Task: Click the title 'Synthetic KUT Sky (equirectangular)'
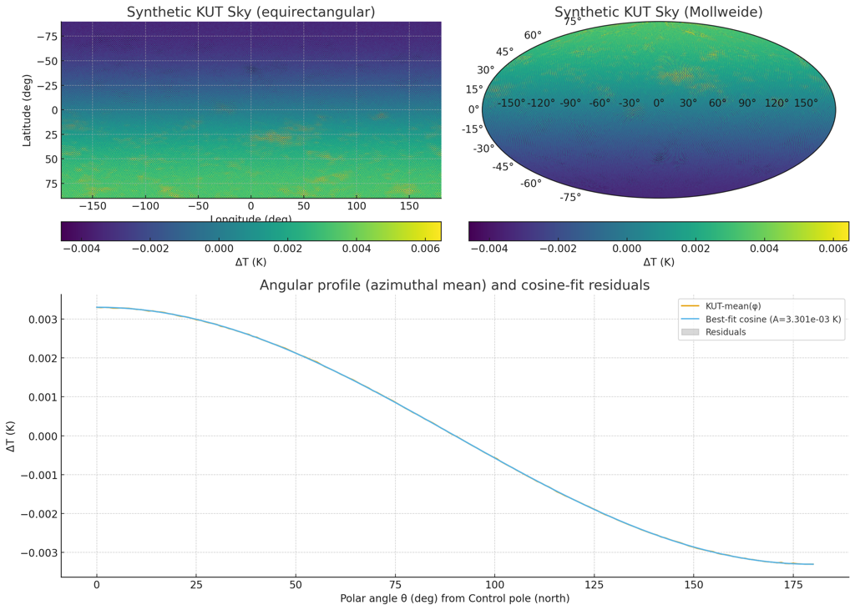point(250,13)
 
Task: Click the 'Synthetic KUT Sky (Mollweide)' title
point(658,13)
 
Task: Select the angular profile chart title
point(454,285)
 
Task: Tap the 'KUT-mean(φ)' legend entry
point(733,306)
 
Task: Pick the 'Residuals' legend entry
point(726,332)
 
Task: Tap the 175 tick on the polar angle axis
point(792,585)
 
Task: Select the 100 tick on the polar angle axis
point(494,585)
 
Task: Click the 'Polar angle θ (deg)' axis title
point(454,599)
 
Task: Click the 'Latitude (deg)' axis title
point(27,109)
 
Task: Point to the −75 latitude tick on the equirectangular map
point(46,37)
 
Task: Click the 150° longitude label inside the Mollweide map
point(806,103)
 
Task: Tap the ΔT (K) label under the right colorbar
point(658,262)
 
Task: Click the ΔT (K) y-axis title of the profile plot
point(11,436)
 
